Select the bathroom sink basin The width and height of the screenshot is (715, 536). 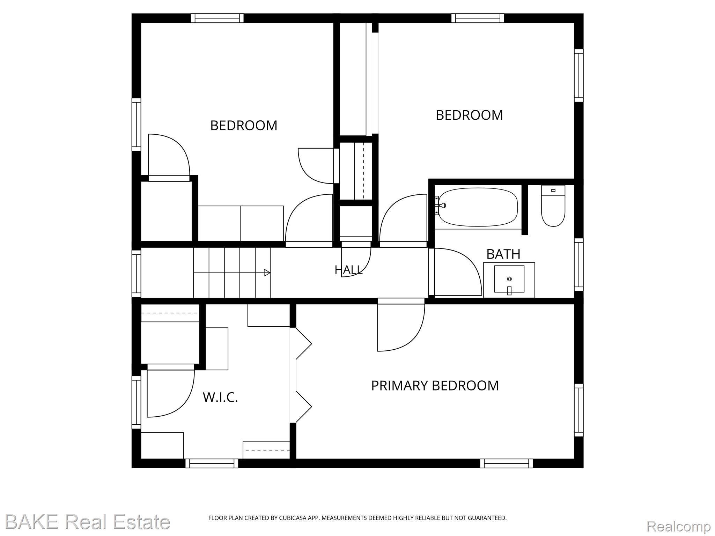(x=509, y=279)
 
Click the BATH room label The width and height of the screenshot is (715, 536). (x=503, y=254)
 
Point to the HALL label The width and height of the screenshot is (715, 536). (x=349, y=270)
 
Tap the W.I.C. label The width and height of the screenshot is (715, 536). (x=220, y=397)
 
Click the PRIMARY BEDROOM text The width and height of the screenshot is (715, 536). (x=435, y=386)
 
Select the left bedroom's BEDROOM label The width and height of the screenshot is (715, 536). (x=244, y=126)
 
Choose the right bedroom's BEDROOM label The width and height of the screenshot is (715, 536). (x=469, y=115)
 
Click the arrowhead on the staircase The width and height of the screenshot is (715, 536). (x=267, y=273)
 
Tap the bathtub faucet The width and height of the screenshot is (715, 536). (x=441, y=205)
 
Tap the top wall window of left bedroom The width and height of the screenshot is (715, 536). (x=217, y=18)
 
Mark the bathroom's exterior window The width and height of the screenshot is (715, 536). (x=579, y=265)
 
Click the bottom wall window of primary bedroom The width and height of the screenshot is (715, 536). (x=506, y=463)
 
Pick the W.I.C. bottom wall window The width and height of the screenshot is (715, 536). (x=212, y=463)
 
